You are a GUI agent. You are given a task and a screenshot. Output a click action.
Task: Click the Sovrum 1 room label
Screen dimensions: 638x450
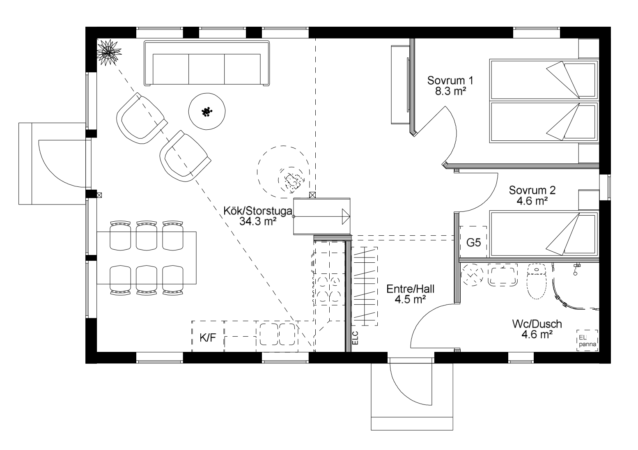(450, 80)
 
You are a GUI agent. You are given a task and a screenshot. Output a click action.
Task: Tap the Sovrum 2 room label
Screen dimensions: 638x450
(532, 190)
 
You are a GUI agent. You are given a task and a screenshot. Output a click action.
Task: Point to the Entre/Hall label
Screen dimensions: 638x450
(411, 289)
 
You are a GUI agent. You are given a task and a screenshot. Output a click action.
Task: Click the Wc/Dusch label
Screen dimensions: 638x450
(537, 324)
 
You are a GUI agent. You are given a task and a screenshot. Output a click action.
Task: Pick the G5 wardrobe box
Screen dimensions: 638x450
(473, 242)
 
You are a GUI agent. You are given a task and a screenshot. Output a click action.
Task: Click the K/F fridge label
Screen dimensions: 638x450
(208, 338)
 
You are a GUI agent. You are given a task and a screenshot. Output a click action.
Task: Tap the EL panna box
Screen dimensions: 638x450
(588, 341)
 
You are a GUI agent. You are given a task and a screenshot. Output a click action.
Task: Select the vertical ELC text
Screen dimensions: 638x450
(355, 338)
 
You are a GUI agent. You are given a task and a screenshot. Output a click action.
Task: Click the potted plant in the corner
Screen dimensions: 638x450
(108, 52)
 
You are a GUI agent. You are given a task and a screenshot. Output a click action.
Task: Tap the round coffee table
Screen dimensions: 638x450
(207, 111)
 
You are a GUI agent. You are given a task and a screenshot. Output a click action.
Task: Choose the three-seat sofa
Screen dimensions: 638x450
(207, 63)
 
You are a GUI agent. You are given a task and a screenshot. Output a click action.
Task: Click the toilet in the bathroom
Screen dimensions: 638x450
(537, 281)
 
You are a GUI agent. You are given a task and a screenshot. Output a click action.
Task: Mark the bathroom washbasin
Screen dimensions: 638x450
(503, 275)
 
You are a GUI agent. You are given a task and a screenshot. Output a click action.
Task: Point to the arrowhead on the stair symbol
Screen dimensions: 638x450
(346, 217)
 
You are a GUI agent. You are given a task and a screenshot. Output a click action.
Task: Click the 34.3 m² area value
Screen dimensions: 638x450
(258, 221)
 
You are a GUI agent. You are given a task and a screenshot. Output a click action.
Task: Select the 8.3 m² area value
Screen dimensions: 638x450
(450, 91)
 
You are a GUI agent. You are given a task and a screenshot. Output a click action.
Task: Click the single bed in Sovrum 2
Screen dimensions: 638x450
(544, 234)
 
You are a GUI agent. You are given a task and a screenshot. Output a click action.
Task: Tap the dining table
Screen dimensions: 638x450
(147, 258)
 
